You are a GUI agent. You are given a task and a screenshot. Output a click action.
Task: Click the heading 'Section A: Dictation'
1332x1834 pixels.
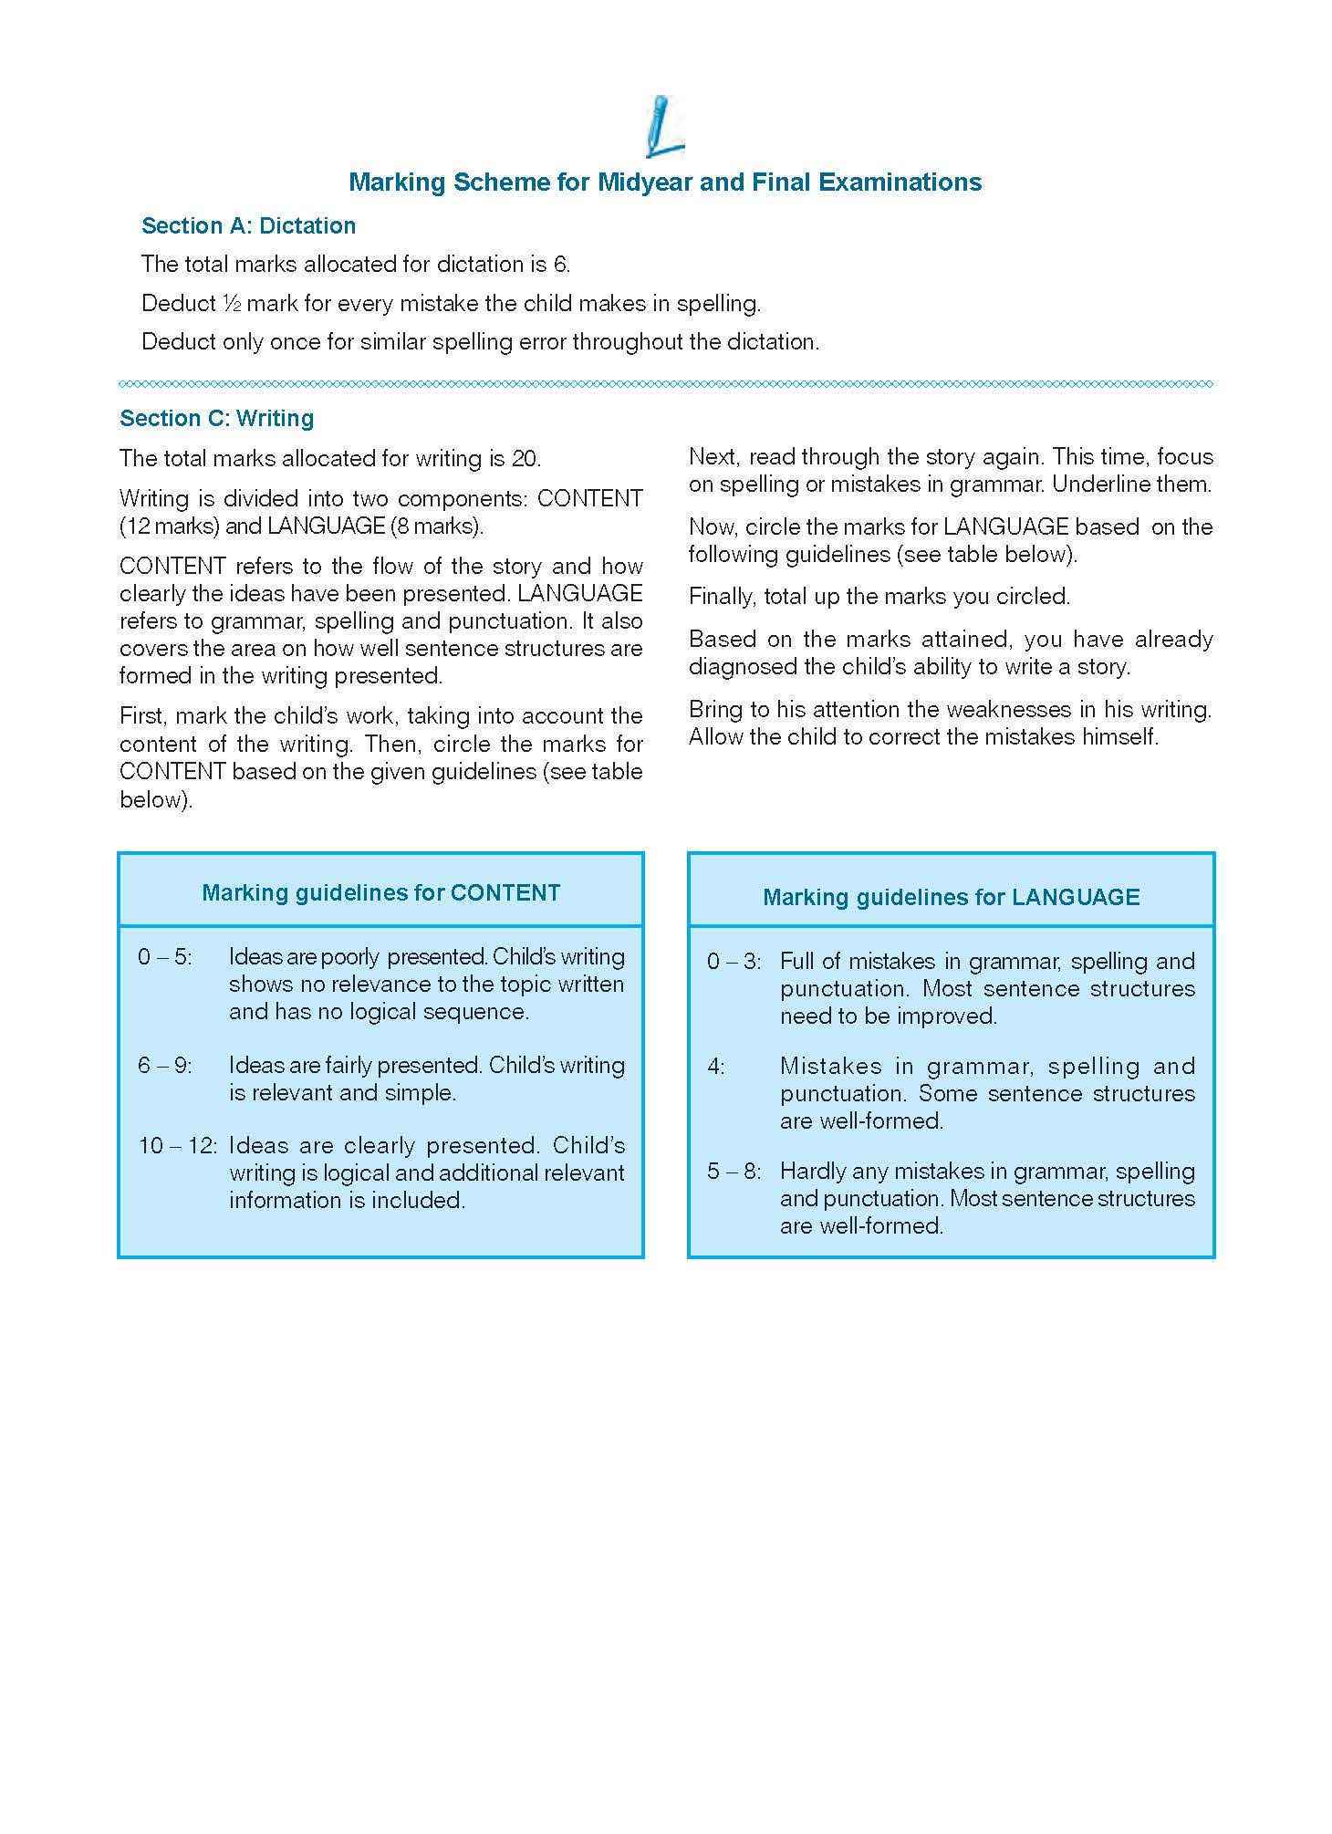coord(248,225)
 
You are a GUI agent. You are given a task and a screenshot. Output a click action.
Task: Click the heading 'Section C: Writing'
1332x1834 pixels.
coord(216,418)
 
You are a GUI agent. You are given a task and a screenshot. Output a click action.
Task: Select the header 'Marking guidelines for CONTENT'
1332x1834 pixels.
coord(380,892)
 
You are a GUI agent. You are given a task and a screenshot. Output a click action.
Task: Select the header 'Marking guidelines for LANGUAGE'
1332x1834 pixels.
coord(951,897)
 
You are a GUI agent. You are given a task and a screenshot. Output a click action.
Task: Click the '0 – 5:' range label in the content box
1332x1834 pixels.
coord(164,957)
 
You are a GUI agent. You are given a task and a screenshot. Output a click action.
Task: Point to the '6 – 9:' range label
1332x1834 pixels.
coord(164,1065)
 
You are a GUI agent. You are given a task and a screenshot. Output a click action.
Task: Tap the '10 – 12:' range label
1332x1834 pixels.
coord(177,1145)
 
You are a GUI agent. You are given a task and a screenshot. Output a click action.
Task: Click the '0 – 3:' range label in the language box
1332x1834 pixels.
coord(733,962)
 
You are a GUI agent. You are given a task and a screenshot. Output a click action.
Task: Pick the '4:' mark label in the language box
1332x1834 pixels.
coord(715,1067)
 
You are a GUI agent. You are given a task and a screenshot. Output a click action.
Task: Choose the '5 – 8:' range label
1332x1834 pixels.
coord(733,1172)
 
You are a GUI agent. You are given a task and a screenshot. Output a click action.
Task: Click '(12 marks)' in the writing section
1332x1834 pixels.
coord(170,526)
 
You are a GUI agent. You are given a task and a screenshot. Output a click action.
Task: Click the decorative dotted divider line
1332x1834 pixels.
coord(666,384)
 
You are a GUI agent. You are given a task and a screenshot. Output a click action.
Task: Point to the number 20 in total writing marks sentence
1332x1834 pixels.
coord(524,458)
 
